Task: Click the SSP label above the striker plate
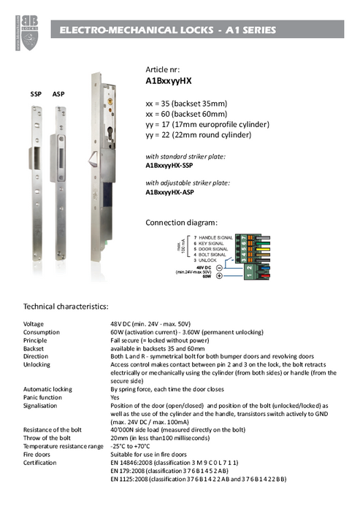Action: point(36,96)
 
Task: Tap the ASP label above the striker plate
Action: point(58,96)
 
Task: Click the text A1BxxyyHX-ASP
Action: point(172,193)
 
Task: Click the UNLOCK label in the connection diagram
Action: point(211,259)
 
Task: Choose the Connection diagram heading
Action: point(181,222)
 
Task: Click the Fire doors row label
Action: point(38,453)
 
